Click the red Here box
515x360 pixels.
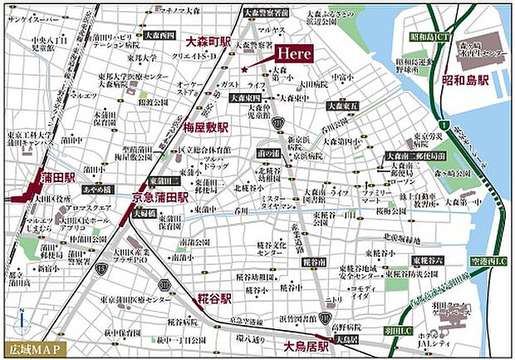tap(293, 52)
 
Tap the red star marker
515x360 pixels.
tap(243, 69)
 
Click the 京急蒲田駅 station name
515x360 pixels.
tap(159, 197)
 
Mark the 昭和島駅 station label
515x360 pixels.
tap(464, 81)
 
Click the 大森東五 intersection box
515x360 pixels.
tap(343, 106)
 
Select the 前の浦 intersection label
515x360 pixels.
tap(267, 152)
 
